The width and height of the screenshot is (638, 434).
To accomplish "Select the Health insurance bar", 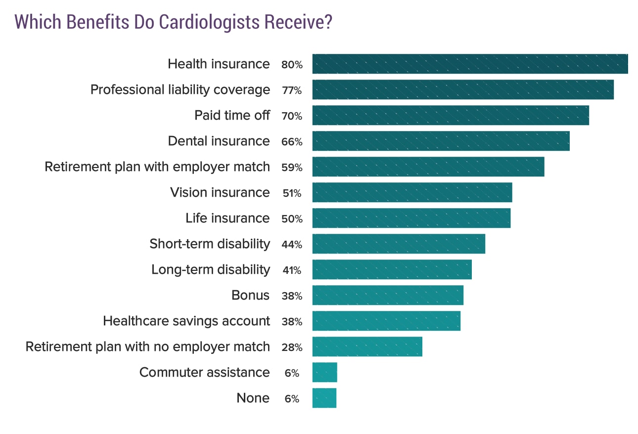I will [x=470, y=64].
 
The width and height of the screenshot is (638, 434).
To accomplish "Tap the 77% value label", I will [x=291, y=90].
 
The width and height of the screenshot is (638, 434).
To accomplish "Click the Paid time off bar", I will [x=451, y=115].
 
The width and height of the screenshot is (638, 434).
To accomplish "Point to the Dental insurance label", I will [x=219, y=141].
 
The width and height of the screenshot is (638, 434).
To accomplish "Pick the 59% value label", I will [x=291, y=168].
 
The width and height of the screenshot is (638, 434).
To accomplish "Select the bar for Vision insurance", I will [x=412, y=192].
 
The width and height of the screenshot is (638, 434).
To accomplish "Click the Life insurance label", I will [x=228, y=218].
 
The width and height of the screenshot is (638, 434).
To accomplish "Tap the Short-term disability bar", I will [x=399, y=244].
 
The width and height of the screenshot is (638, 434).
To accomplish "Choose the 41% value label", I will [x=291, y=270].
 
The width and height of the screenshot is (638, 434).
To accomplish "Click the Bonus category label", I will [x=250, y=295].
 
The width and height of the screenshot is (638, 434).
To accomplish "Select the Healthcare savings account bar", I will [x=386, y=321].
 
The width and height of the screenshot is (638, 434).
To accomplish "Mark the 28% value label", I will [x=291, y=347].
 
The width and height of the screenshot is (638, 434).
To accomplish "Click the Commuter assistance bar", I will [x=324, y=372].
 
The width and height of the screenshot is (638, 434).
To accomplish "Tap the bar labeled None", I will [x=324, y=398].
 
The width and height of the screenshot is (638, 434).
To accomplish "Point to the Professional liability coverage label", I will [x=180, y=89].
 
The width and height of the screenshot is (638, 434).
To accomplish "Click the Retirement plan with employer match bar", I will [x=428, y=167].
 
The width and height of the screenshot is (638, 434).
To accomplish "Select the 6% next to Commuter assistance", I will [x=292, y=373].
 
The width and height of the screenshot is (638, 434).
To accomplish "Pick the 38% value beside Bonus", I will [x=291, y=296].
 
